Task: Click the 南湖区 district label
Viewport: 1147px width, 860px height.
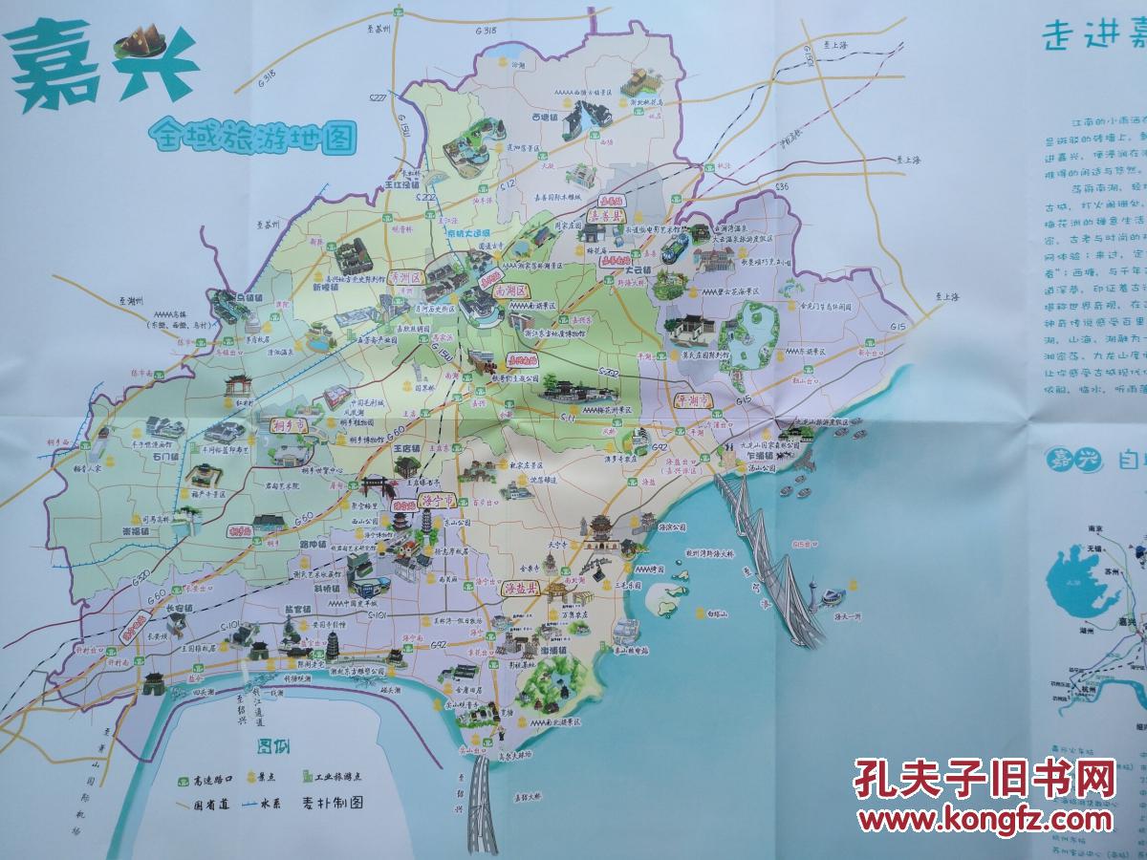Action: tap(512, 290)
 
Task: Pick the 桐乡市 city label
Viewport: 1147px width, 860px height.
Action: tap(288, 425)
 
